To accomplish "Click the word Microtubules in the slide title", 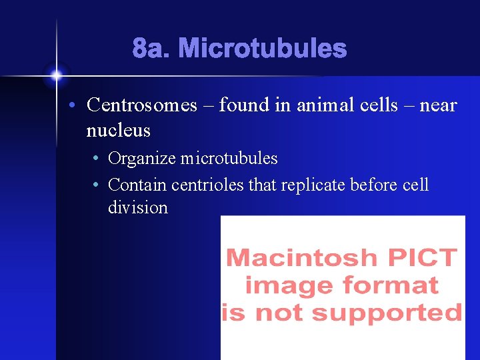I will (x=262, y=49).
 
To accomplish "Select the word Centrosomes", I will (x=142, y=105).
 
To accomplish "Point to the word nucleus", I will (x=118, y=131).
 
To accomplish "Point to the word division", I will (x=138, y=208).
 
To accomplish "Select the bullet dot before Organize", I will (x=97, y=159).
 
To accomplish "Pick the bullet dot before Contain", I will (x=97, y=185).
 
